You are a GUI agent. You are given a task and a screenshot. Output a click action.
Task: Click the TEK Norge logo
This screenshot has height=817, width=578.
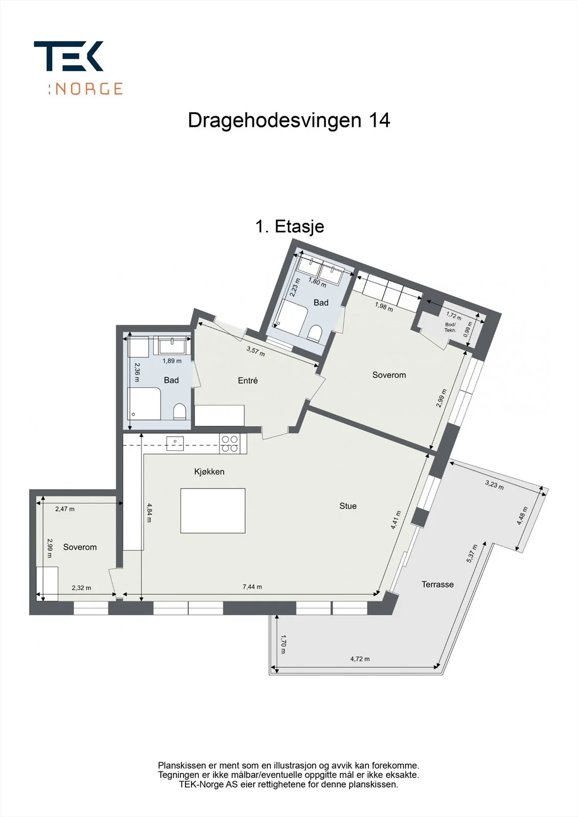tap(78, 68)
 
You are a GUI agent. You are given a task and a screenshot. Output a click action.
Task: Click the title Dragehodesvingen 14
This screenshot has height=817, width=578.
tap(289, 121)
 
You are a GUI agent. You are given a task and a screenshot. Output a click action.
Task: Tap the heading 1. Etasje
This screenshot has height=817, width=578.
tap(290, 227)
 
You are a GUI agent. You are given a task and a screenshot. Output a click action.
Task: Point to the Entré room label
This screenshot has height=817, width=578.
tap(247, 381)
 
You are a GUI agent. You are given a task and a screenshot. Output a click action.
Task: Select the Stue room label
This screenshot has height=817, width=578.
tap(348, 506)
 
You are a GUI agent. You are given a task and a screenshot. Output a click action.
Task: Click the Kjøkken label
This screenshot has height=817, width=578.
tap(209, 472)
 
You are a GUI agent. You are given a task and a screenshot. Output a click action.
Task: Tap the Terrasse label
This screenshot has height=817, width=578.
tap(437, 585)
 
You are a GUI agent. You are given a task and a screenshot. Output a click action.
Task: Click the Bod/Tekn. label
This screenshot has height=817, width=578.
tap(450, 327)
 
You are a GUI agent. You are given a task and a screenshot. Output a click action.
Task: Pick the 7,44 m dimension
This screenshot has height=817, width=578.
tap(252, 587)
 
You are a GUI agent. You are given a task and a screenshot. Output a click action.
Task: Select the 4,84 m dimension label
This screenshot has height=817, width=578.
tap(149, 513)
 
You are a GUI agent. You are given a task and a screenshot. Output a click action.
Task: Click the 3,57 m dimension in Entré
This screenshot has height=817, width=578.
tap(256, 352)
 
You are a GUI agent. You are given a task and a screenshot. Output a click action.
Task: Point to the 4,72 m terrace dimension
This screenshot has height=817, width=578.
tap(360, 659)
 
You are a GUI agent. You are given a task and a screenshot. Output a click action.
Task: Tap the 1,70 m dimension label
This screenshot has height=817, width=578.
tap(283, 644)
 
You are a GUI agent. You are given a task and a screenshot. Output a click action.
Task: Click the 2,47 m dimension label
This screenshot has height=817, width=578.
tap(65, 509)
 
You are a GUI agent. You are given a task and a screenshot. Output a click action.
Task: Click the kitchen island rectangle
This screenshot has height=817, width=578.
tap(213, 511)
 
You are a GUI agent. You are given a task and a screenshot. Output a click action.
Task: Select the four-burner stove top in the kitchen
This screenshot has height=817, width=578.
tap(229, 444)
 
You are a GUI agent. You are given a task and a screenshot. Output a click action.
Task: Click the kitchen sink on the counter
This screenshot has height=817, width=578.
tap(175, 444)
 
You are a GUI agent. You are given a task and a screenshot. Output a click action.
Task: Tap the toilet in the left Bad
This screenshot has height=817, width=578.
tap(179, 412)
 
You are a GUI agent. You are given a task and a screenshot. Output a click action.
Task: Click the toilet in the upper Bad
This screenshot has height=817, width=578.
tap(314, 333)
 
